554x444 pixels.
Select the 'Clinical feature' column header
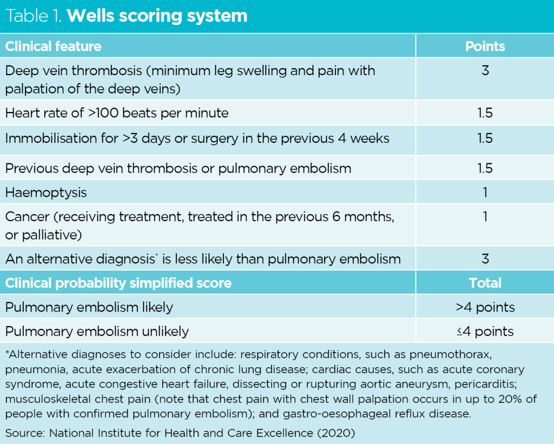[x=53, y=47]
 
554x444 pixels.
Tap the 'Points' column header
[x=485, y=47]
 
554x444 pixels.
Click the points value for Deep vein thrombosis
[x=485, y=71]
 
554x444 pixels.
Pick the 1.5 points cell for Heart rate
[x=485, y=113]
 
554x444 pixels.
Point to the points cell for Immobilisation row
[x=485, y=138]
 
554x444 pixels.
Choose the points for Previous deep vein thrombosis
[x=485, y=168]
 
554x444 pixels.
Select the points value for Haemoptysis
[x=485, y=193]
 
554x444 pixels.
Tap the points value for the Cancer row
[x=485, y=217]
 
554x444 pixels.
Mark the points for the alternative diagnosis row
[x=485, y=259]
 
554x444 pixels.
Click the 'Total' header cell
[x=485, y=283]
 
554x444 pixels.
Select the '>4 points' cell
[x=485, y=307]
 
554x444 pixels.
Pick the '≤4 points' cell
[x=485, y=331]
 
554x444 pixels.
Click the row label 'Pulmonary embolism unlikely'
[x=97, y=331]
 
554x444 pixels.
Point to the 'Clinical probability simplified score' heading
[x=118, y=283]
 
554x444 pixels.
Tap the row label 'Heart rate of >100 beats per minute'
[x=117, y=113]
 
